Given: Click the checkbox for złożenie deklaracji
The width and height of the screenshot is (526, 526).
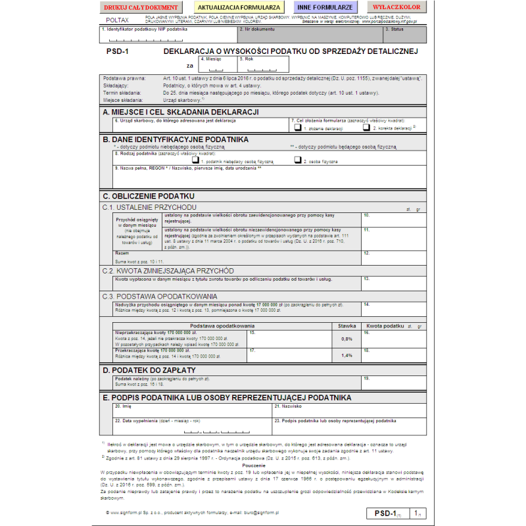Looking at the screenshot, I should (x=298, y=128).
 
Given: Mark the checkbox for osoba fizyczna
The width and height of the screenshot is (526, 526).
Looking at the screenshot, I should (x=297, y=160).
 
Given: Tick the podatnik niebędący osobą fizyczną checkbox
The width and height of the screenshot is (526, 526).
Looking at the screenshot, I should (x=195, y=160).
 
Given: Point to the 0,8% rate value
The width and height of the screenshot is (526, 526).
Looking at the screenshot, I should (x=347, y=339).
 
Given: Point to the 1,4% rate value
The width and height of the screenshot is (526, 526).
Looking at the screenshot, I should (x=347, y=355).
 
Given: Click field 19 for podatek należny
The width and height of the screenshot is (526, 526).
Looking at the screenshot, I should (x=393, y=382).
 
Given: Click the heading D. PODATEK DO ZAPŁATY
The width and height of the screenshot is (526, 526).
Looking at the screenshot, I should (x=149, y=370).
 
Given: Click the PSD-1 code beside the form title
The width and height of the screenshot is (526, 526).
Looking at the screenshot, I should (x=117, y=51).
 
